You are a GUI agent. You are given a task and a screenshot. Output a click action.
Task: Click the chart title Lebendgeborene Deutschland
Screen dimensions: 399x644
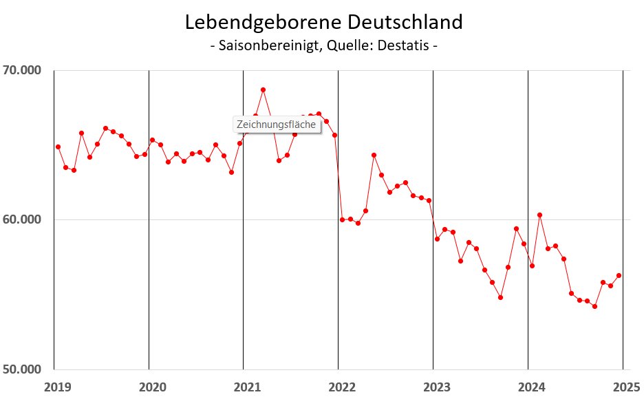click(x=323, y=22)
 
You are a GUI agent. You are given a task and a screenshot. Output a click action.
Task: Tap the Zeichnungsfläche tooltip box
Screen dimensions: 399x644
click(x=276, y=125)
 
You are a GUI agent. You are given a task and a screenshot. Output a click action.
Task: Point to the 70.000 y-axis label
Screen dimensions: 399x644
click(x=22, y=70)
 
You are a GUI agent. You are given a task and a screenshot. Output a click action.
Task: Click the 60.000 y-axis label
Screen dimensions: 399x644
click(x=22, y=219)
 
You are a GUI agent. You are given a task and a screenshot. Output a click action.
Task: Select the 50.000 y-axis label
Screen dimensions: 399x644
click(x=22, y=369)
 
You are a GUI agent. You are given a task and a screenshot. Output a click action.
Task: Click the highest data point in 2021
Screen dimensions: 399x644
click(x=263, y=89)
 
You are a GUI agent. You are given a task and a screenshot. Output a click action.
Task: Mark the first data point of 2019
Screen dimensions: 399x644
click(x=58, y=147)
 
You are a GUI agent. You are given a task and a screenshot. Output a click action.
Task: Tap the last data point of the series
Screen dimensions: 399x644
click(x=619, y=275)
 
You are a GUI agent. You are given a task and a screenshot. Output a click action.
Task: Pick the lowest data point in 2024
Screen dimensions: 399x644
click(x=594, y=306)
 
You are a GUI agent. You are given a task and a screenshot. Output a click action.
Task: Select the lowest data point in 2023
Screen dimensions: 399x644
click(x=500, y=297)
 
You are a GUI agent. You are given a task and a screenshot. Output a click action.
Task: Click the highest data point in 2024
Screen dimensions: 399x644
click(x=539, y=215)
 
